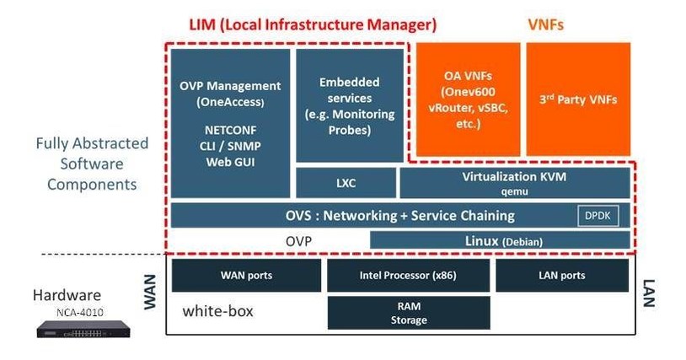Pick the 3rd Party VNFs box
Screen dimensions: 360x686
tap(577, 99)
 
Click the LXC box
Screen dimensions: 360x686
tap(346, 183)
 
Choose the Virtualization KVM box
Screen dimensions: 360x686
tap(514, 183)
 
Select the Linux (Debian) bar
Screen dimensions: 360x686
tap(500, 241)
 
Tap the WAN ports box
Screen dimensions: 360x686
tap(246, 276)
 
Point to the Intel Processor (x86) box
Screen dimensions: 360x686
tap(409, 276)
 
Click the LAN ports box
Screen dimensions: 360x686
tap(561, 276)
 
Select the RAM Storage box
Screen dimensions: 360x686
tap(409, 313)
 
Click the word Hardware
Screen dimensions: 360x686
tap(67, 295)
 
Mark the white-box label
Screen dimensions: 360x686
tap(217, 311)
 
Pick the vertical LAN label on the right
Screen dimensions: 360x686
tap(649, 294)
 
